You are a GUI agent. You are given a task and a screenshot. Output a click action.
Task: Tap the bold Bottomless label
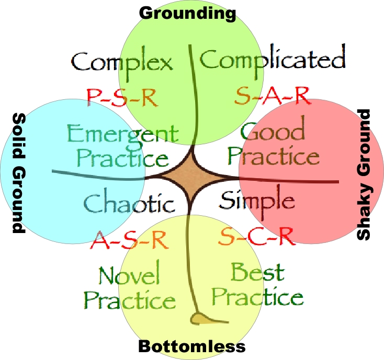click(191, 346)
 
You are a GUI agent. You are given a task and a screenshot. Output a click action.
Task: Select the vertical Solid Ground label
click(17, 172)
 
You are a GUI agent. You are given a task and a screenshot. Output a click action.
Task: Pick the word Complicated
click(273, 59)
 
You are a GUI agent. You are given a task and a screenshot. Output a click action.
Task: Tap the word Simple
click(257, 200)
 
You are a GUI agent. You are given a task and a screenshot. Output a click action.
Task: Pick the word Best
click(258, 272)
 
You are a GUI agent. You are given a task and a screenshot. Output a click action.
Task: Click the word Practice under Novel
click(130, 300)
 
